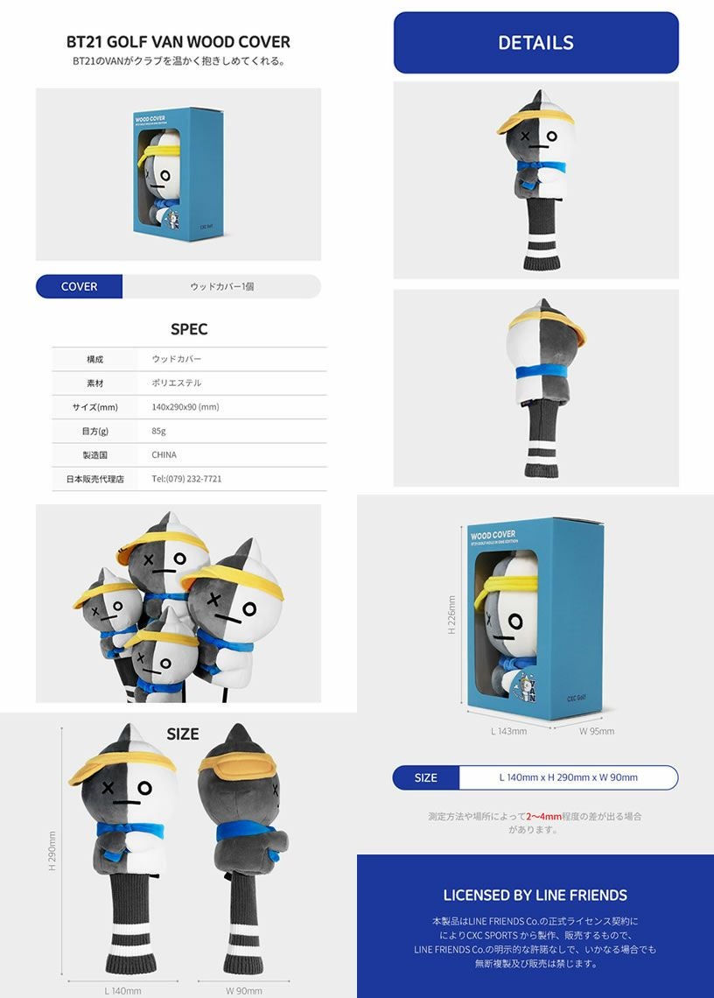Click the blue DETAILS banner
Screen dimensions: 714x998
click(535, 43)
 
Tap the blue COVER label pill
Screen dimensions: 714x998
click(79, 286)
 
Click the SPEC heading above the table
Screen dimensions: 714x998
click(189, 329)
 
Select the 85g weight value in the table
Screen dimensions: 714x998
click(158, 431)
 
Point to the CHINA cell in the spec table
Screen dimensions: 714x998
click(164, 454)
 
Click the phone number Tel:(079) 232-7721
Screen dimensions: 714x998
click(186, 479)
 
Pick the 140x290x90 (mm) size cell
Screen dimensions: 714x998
click(185, 407)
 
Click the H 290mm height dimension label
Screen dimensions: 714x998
click(52, 850)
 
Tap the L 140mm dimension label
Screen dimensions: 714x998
click(122, 990)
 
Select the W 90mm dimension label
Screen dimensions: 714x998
click(244, 990)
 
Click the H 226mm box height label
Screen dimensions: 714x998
click(451, 615)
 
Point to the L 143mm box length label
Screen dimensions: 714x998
click(508, 731)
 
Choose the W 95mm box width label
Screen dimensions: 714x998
click(597, 731)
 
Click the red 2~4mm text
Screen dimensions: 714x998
click(543, 816)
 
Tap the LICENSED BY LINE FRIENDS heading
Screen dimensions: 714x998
click(535, 895)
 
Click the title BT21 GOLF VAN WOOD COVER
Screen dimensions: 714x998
click(178, 42)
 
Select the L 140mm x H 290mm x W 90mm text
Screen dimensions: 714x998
click(568, 777)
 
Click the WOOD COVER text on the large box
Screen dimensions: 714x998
click(493, 535)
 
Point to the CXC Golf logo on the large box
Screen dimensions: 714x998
click(577, 699)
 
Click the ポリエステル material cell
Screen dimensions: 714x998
click(176, 383)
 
